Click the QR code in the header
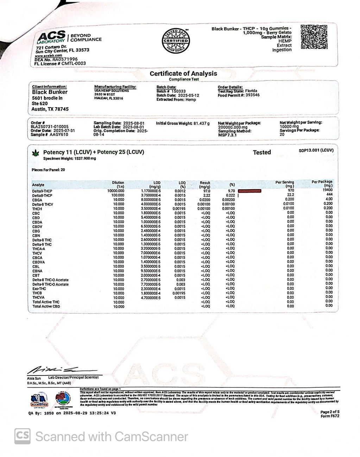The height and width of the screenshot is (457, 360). click(314, 37)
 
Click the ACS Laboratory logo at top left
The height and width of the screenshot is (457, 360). click(52, 37)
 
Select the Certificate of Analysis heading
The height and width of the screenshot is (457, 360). click(183, 73)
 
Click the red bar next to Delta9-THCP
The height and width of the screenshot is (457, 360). click(250, 191)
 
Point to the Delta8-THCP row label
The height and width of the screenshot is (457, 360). click(42, 195)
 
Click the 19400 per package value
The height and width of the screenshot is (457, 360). click(327, 190)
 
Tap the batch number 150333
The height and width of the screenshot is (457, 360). click(178, 91)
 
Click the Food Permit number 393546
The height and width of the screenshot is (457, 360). click(253, 95)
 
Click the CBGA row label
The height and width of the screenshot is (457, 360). click(37, 200)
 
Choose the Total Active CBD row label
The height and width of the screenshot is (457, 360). click(46, 307)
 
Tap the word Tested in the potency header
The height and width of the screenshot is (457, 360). click(262, 152)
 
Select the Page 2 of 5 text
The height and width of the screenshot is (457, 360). click(330, 412)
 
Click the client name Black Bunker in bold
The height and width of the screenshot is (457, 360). click(50, 92)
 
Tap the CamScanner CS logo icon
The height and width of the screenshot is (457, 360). click(23, 437)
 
